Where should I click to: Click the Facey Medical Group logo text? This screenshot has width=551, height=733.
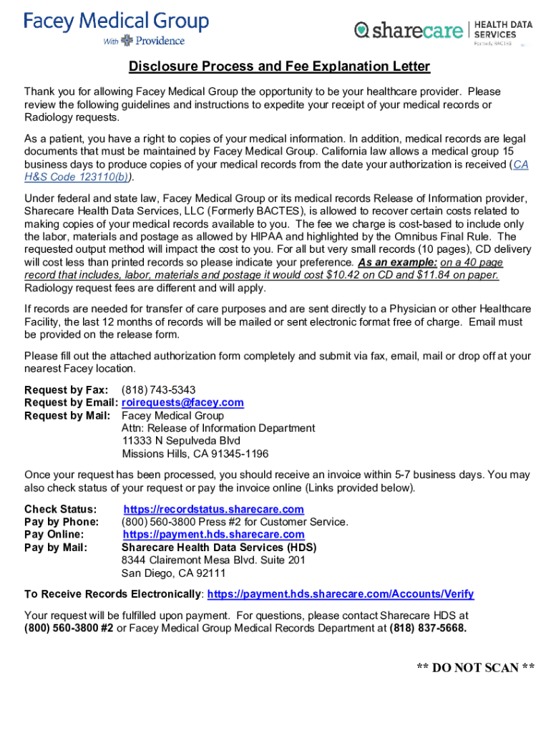(x=116, y=21)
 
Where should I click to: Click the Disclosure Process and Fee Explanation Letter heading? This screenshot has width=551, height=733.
(x=279, y=67)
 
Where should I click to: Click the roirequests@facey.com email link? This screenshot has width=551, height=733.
(x=182, y=403)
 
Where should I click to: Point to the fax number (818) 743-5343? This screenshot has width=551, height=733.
(x=158, y=390)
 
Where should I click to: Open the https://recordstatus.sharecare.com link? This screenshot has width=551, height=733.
(x=213, y=510)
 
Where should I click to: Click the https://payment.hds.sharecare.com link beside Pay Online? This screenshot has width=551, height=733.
(x=213, y=535)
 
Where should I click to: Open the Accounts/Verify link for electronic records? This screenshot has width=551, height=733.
(x=340, y=595)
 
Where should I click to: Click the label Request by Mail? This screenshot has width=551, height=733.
(x=67, y=416)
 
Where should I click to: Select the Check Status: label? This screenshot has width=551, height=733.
(x=61, y=510)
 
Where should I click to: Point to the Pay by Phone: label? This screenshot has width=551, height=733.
(x=62, y=523)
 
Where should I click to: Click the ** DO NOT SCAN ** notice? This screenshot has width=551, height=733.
(x=476, y=668)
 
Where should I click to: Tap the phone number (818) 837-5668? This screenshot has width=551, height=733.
(x=428, y=628)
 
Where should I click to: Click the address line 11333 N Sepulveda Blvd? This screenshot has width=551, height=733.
(x=181, y=441)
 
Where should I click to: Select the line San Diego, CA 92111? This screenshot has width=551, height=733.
(x=173, y=573)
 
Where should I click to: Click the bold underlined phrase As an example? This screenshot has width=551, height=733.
(x=397, y=263)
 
